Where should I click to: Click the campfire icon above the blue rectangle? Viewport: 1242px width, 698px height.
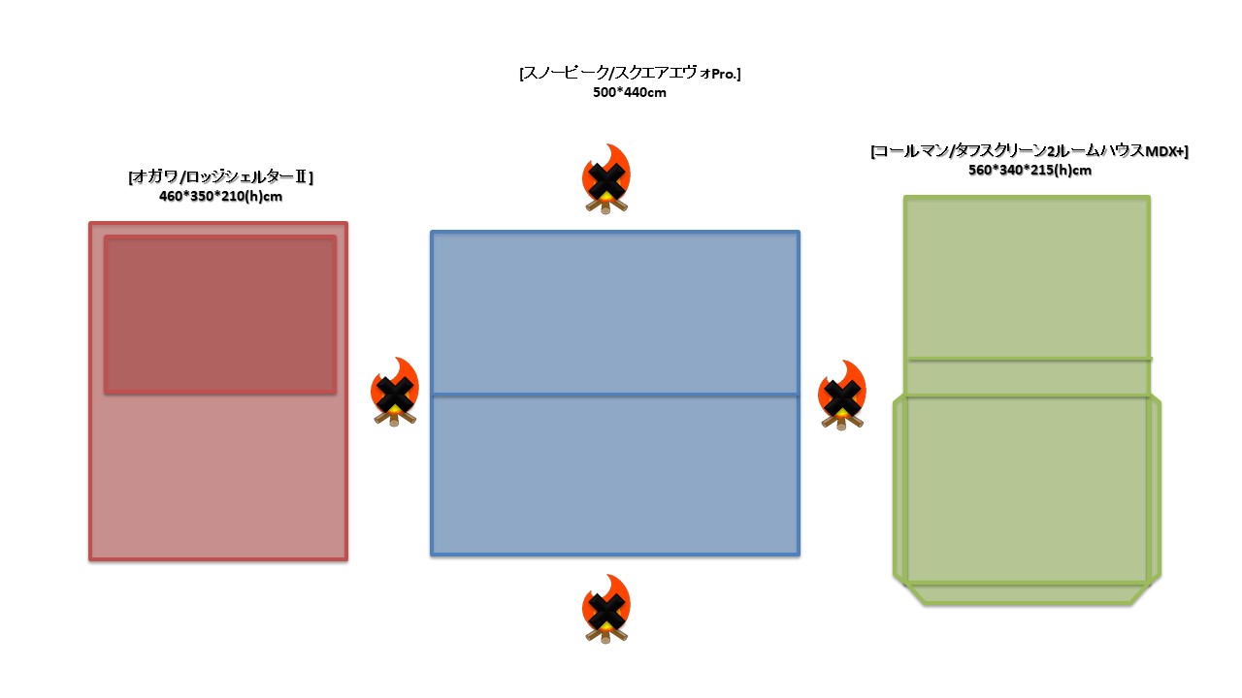(x=606, y=179)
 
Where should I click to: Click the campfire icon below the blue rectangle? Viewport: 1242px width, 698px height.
(x=606, y=610)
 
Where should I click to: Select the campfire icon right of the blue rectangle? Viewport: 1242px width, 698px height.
(x=842, y=396)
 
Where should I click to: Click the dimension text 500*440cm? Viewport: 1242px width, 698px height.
(x=630, y=93)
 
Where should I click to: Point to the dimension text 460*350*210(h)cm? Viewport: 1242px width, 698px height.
(x=220, y=197)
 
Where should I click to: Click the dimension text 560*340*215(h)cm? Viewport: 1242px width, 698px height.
(x=1030, y=171)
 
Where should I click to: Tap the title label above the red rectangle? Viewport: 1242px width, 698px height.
(x=220, y=177)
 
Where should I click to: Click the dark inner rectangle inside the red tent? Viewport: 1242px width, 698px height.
(x=220, y=314)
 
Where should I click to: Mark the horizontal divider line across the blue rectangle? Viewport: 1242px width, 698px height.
(x=615, y=395)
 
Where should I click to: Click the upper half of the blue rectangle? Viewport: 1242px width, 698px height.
(x=615, y=312)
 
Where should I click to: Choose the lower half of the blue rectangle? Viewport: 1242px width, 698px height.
(x=615, y=475)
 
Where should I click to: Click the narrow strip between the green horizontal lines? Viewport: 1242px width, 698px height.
(x=1028, y=378)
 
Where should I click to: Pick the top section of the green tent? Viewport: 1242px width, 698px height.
(x=1028, y=277)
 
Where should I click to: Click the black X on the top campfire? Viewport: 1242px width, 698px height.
(x=606, y=180)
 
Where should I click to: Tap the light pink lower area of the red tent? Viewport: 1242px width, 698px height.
(x=218, y=475)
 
